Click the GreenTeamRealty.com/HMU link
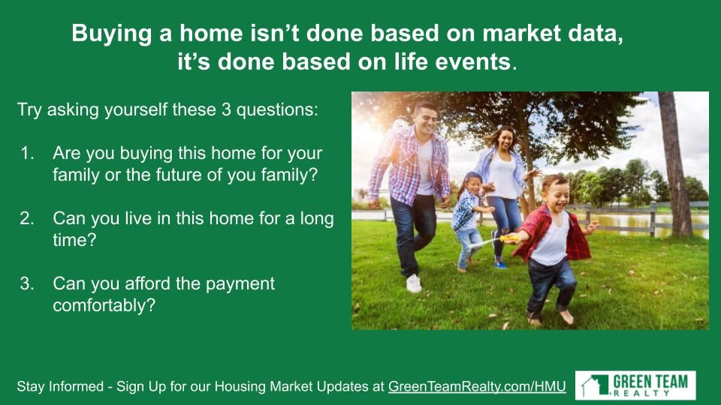point(477,386)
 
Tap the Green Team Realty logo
point(635,385)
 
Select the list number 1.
point(27,153)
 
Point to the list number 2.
point(27,218)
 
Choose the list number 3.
point(27,283)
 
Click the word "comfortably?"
point(104,305)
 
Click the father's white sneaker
point(413,283)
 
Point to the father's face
point(426,119)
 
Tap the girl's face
point(473,186)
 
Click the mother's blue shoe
point(500,265)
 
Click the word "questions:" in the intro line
point(277,110)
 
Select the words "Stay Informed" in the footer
point(60,386)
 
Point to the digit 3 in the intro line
point(226,109)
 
